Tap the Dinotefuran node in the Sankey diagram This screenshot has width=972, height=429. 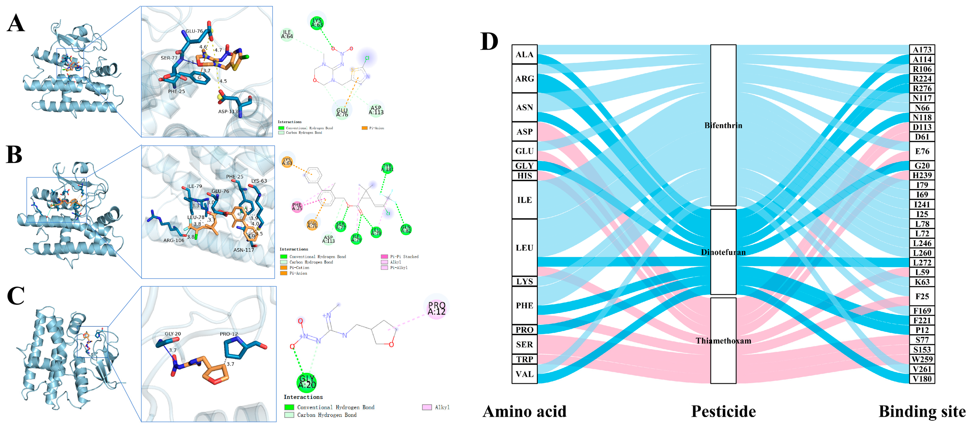[x=723, y=252]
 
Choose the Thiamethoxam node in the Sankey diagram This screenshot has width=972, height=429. [x=723, y=341]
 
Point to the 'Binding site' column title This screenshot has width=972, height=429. [x=922, y=411]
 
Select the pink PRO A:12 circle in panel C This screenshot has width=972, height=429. [x=437, y=308]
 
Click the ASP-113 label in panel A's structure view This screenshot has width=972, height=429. [x=228, y=112]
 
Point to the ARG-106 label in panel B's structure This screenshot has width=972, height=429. [x=174, y=240]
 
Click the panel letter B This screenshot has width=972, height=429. [x=14, y=155]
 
